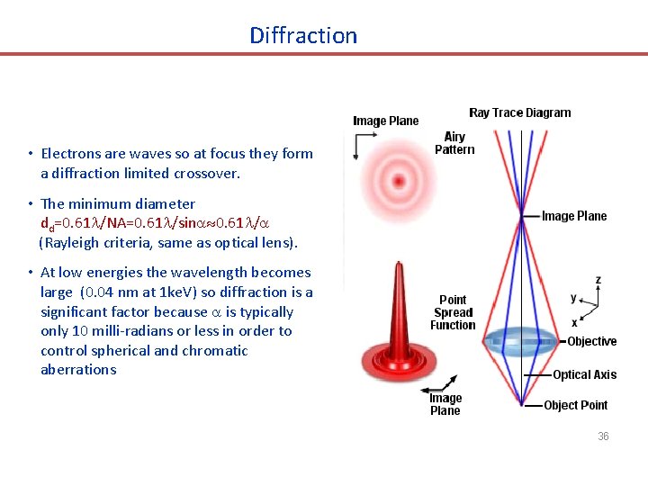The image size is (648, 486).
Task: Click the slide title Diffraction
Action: pyautogui.click(x=303, y=36)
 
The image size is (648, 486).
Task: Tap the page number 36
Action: pyautogui.click(x=603, y=436)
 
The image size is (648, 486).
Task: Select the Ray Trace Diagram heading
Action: pyautogui.click(x=519, y=112)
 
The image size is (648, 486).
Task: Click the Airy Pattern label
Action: pyautogui.click(x=454, y=143)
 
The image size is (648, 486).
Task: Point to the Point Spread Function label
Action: pyautogui.click(x=452, y=312)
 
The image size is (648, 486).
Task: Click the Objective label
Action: pyautogui.click(x=591, y=341)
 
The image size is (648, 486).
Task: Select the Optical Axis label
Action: pyautogui.click(x=584, y=374)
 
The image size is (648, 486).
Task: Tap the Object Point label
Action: pyautogui.click(x=575, y=405)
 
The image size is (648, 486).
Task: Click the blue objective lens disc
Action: pyautogui.click(x=523, y=342)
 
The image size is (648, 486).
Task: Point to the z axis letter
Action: pyautogui.click(x=598, y=280)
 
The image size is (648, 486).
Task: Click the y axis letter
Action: pyautogui.click(x=574, y=298)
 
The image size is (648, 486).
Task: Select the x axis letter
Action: pyautogui.click(x=573, y=322)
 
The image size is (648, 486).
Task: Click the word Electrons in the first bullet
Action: pyautogui.click(x=70, y=154)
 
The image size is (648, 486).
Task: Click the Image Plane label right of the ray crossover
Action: pyautogui.click(x=574, y=216)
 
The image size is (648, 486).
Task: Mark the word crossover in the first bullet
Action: pyautogui.click(x=209, y=173)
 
